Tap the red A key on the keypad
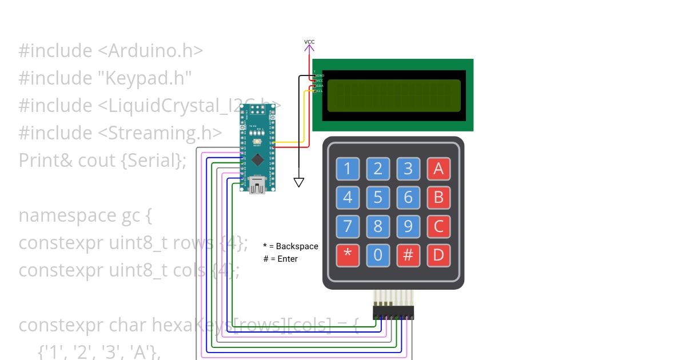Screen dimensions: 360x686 pyautogui.click(x=438, y=169)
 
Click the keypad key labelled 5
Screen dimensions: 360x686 pyautogui.click(x=378, y=197)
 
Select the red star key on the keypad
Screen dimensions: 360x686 pyautogui.click(x=348, y=255)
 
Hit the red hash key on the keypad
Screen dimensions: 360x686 pyautogui.click(x=408, y=255)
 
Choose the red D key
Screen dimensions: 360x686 pyautogui.click(x=438, y=255)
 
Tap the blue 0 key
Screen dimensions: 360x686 pyautogui.click(x=378, y=255)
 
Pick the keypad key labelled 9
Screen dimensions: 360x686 pyautogui.click(x=408, y=226)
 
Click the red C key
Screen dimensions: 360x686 pyautogui.click(x=438, y=226)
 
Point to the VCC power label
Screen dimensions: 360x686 pyautogui.click(x=309, y=42)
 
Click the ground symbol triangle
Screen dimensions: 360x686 pyautogui.click(x=298, y=182)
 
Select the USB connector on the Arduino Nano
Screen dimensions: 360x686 pyautogui.click(x=257, y=185)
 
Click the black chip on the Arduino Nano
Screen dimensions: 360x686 pyautogui.click(x=258, y=159)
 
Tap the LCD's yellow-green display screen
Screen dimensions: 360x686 pyautogui.click(x=394, y=95)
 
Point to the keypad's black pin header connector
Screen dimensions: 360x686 pyautogui.click(x=393, y=313)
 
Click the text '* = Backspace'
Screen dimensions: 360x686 pyautogui.click(x=290, y=246)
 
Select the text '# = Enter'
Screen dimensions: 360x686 pyautogui.click(x=280, y=259)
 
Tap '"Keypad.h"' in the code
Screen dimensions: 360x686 pyautogui.click(x=149, y=78)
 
